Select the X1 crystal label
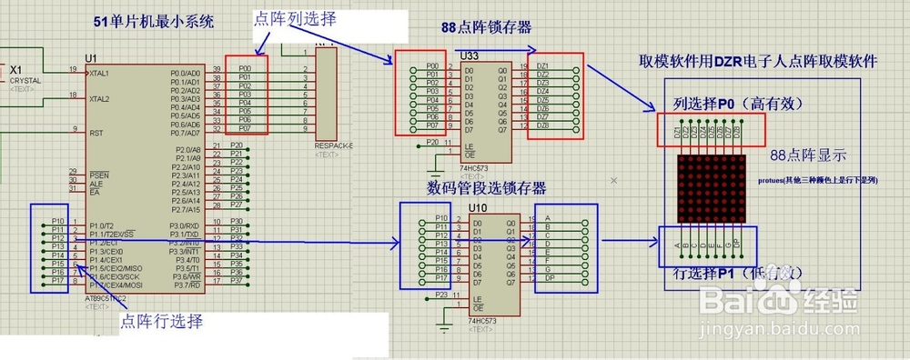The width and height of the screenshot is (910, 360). pos(17,70)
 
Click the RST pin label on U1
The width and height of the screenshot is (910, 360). pos(96,133)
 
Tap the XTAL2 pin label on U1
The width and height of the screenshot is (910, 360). pos(100,99)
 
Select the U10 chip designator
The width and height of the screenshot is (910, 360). pos(476,208)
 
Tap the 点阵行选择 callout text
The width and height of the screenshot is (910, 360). pos(162,321)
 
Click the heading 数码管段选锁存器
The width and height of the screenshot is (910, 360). pos(487,188)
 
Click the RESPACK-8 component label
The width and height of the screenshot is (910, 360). pos(333,145)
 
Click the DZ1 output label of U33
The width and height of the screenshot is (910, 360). pos(542,66)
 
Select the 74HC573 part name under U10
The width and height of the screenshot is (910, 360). pos(482,322)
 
